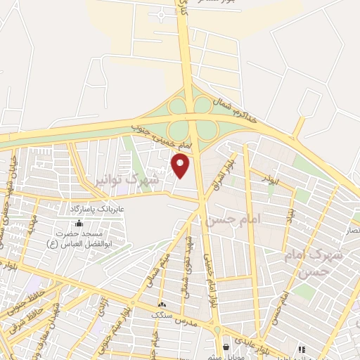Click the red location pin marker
(x=181, y=166)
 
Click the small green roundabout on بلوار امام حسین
(x=217, y=330)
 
